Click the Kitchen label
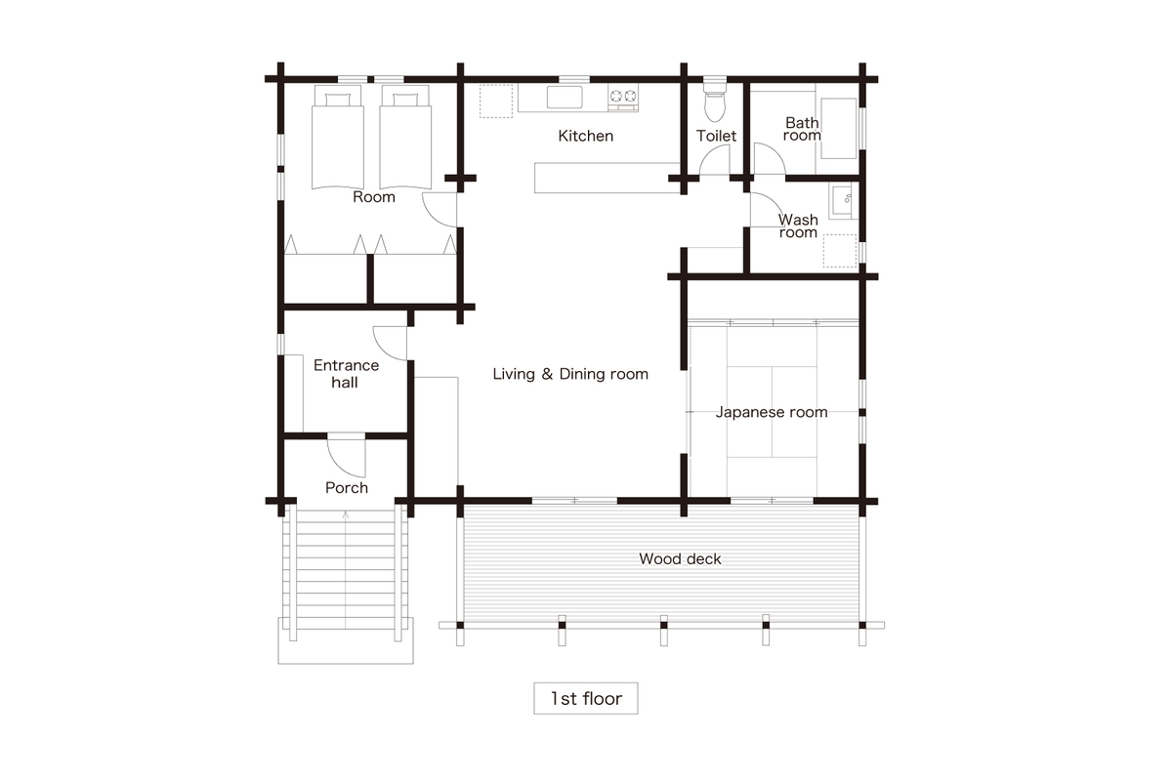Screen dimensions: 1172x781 pyautogui.click(x=585, y=136)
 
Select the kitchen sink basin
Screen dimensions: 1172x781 pyautogui.click(x=565, y=98)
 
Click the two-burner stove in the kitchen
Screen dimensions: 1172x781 pyautogui.click(x=623, y=98)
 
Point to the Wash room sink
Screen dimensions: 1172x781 pyautogui.click(x=843, y=200)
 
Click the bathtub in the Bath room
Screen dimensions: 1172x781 pyautogui.click(x=839, y=128)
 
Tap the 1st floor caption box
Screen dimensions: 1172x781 pyautogui.click(x=585, y=698)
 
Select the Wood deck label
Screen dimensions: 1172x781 pyautogui.click(x=680, y=558)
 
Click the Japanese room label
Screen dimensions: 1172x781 pyautogui.click(x=772, y=412)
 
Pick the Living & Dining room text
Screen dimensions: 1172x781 pyautogui.click(x=570, y=374)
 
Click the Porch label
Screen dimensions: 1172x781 pyautogui.click(x=347, y=488)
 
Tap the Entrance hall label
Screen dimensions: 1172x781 pyautogui.click(x=346, y=374)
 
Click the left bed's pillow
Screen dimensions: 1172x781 pyautogui.click(x=338, y=100)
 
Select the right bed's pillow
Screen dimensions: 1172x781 pyautogui.click(x=405, y=100)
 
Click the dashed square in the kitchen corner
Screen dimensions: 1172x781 pyautogui.click(x=496, y=101)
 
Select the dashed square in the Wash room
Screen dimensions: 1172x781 pyautogui.click(x=840, y=251)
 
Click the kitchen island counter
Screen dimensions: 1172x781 pyautogui.click(x=607, y=178)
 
